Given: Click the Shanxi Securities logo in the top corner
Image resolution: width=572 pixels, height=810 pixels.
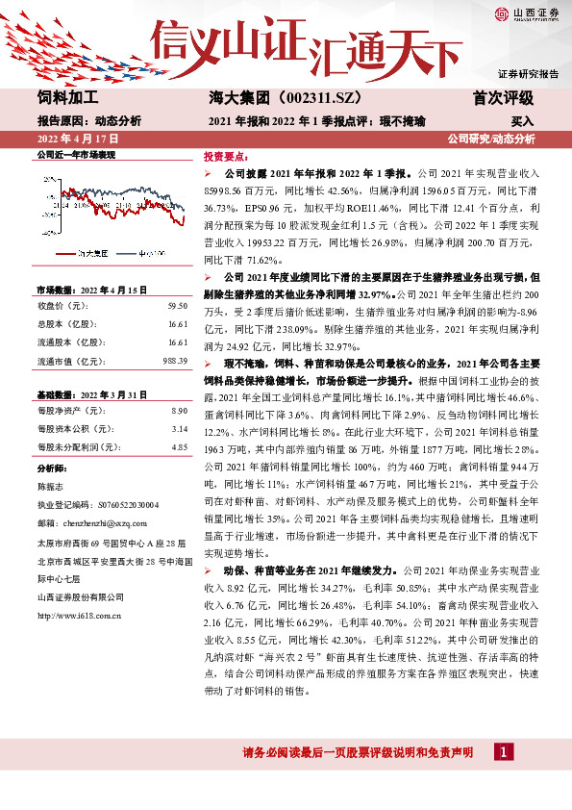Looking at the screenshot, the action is [x=525, y=13].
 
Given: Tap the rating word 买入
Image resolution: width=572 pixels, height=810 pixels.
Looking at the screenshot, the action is [x=522, y=121].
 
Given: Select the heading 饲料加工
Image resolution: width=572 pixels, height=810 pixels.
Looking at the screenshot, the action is [x=67, y=98].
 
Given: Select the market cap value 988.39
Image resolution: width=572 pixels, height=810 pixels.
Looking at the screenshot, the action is [x=173, y=361].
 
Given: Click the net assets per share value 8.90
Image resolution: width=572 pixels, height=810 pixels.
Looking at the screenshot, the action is [x=178, y=411].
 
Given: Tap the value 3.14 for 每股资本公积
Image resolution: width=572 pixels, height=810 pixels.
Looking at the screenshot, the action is [x=178, y=429].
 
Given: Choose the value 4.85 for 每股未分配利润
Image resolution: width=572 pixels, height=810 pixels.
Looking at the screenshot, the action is [x=178, y=447].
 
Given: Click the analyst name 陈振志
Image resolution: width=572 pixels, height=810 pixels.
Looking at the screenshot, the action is [x=51, y=487].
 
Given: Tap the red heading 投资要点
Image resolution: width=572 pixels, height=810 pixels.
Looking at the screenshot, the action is [x=225, y=156].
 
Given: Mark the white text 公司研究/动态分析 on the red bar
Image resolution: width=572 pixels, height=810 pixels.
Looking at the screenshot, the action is [x=491, y=139].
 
